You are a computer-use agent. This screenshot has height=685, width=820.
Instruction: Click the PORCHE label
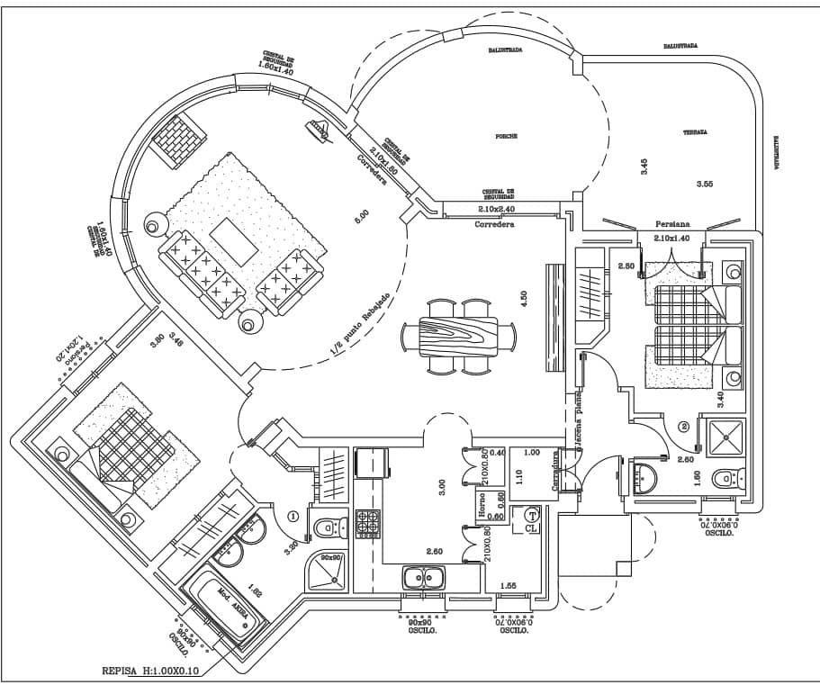click(506, 137)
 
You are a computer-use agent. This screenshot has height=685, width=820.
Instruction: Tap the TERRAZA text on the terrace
click(694, 132)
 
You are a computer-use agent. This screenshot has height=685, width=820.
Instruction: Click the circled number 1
click(292, 517)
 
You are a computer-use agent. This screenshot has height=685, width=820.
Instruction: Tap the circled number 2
click(684, 426)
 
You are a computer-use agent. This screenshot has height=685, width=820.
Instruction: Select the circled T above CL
click(530, 516)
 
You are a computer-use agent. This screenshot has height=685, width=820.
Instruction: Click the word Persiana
click(672, 224)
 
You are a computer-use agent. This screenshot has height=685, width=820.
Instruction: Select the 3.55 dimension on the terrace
click(705, 184)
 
